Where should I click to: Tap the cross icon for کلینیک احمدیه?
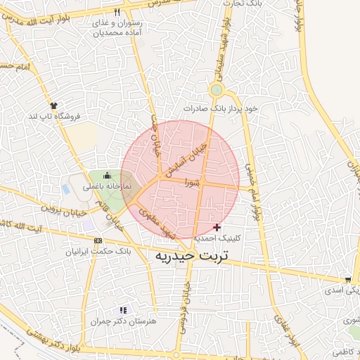(217, 227)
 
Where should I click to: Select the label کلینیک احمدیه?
(217, 238)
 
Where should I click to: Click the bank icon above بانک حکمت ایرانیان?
(98, 240)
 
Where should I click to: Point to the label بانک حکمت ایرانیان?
(98, 251)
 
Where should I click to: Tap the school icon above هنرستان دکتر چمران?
(123, 310)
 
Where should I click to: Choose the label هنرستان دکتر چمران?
(122, 321)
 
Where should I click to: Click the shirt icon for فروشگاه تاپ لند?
(54, 105)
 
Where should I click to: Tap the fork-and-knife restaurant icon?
(117, 12)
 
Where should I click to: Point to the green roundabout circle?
(216, 90)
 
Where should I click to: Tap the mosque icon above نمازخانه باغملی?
(107, 175)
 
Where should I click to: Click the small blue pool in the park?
(66, 189)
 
